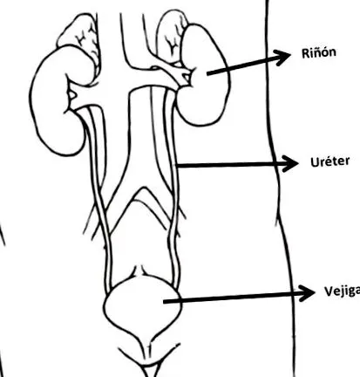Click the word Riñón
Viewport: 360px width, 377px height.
319,52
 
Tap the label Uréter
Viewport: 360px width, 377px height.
329,161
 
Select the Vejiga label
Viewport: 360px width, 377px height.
342,291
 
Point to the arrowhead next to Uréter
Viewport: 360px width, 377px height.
289,164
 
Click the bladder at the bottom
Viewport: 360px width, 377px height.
142,305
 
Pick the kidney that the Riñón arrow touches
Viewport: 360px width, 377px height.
203,75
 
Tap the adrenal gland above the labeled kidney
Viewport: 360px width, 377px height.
172,37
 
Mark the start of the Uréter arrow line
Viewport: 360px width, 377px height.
177,166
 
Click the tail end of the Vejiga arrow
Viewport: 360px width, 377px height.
164,302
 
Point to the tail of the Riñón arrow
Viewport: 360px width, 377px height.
207,73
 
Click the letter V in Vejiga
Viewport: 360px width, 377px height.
329,291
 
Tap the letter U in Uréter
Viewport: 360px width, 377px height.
315,162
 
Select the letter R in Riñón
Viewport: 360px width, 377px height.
306,53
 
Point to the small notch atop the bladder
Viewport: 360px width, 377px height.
140,271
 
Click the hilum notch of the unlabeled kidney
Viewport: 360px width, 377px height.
71,95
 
